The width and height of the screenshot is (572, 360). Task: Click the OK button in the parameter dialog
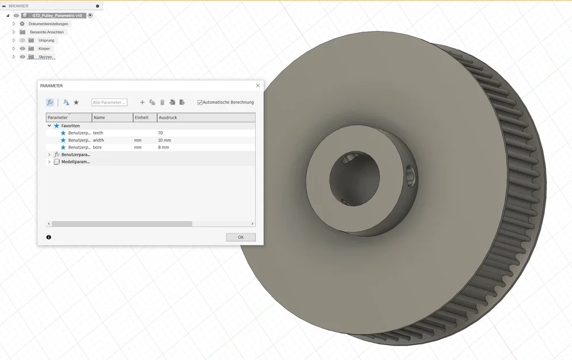241,237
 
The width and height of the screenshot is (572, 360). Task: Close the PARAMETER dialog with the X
258,86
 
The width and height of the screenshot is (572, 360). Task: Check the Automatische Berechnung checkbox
200,103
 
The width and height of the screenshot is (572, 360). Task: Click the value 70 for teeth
161,133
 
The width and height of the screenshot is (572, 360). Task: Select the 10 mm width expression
164,140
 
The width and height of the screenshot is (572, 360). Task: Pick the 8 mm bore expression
164,147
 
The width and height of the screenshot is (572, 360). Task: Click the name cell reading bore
97,147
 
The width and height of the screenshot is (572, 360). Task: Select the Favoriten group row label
70,126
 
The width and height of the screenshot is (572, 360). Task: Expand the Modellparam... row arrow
49,162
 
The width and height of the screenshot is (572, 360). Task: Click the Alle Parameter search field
109,103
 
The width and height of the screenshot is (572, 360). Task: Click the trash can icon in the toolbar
162,103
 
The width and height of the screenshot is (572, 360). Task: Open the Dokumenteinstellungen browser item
48,24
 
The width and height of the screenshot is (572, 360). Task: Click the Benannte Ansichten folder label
47,32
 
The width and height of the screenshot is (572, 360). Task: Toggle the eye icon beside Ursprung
23,40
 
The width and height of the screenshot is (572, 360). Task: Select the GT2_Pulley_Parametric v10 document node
57,16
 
